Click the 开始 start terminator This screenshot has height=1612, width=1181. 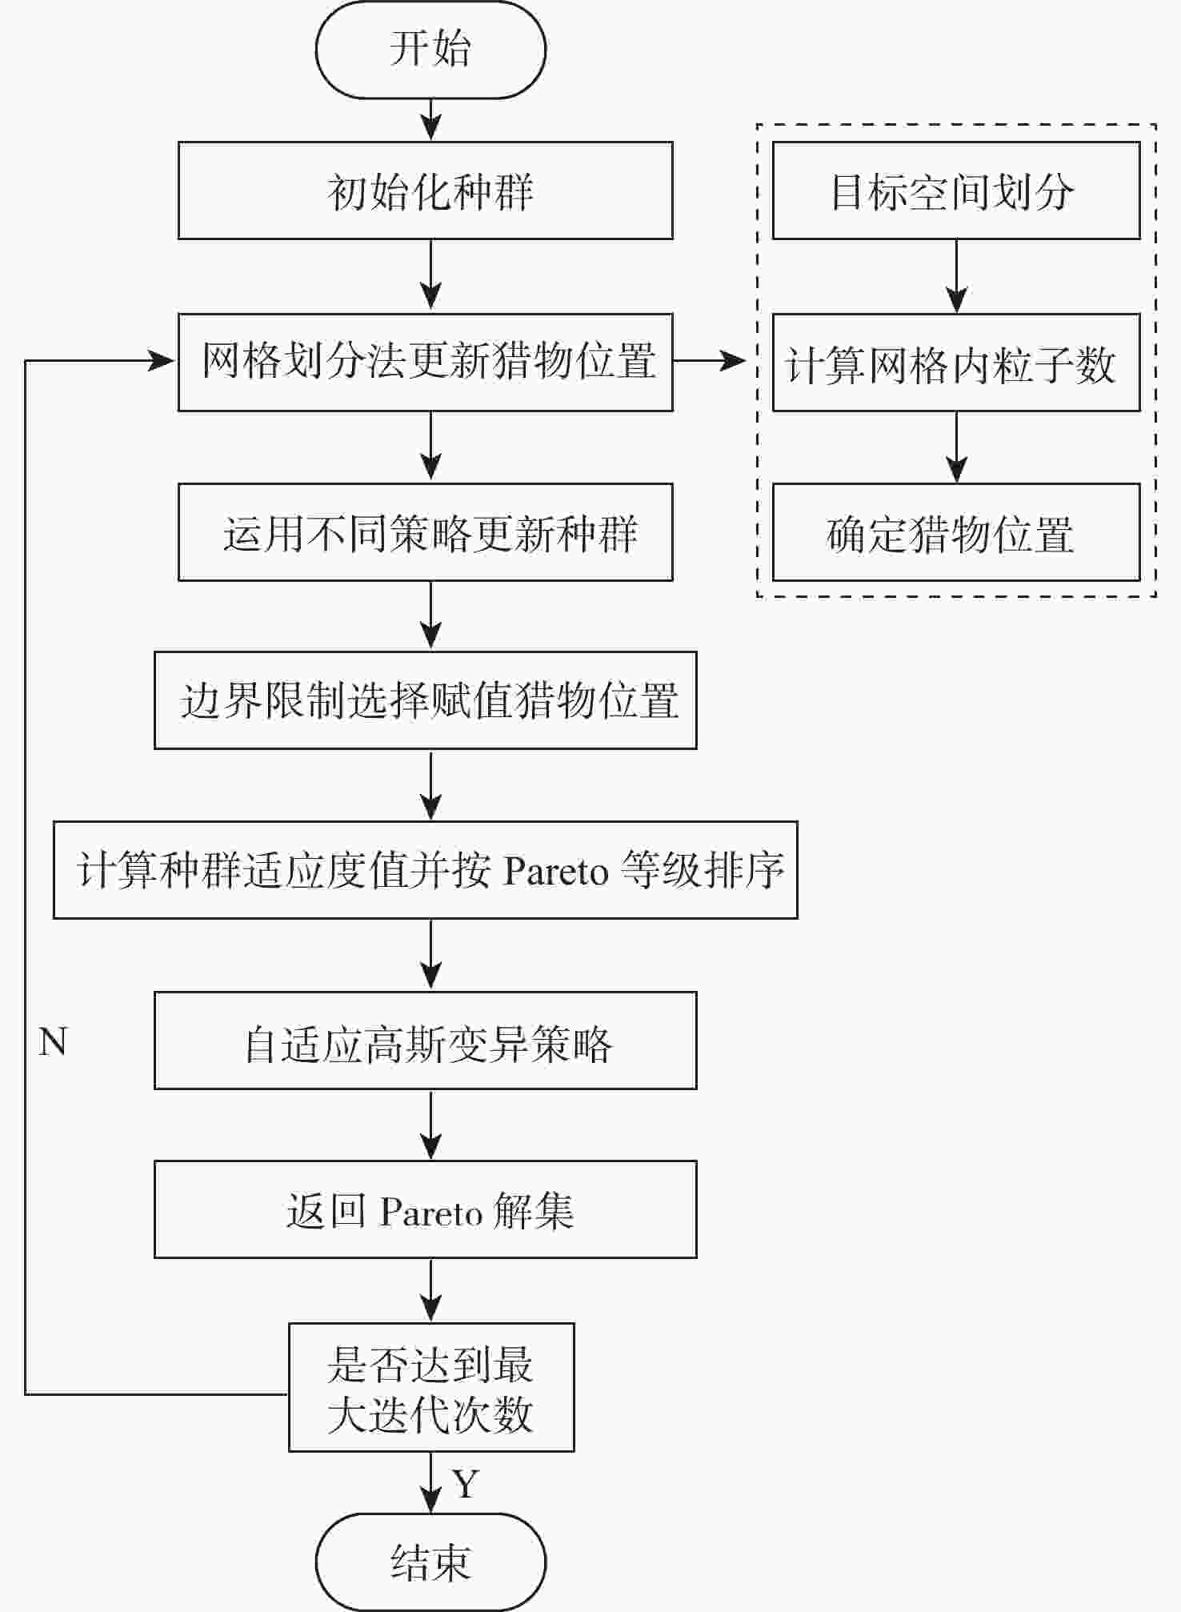(x=430, y=49)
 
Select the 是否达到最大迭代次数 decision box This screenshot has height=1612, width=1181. (x=431, y=1387)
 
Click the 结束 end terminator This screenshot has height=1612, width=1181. (x=430, y=1562)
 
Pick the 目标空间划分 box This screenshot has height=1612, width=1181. (x=955, y=190)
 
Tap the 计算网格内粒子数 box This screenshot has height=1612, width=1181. (x=955, y=363)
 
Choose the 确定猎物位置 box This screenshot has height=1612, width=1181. (x=955, y=532)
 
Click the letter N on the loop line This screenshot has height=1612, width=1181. (x=53, y=1042)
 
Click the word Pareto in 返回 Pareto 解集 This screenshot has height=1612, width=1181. (x=431, y=1213)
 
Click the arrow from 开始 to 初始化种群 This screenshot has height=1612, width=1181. (x=431, y=120)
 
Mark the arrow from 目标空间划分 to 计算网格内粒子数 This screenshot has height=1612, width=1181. (x=956, y=277)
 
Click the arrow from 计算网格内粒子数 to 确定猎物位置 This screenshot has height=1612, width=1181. (x=956, y=448)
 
